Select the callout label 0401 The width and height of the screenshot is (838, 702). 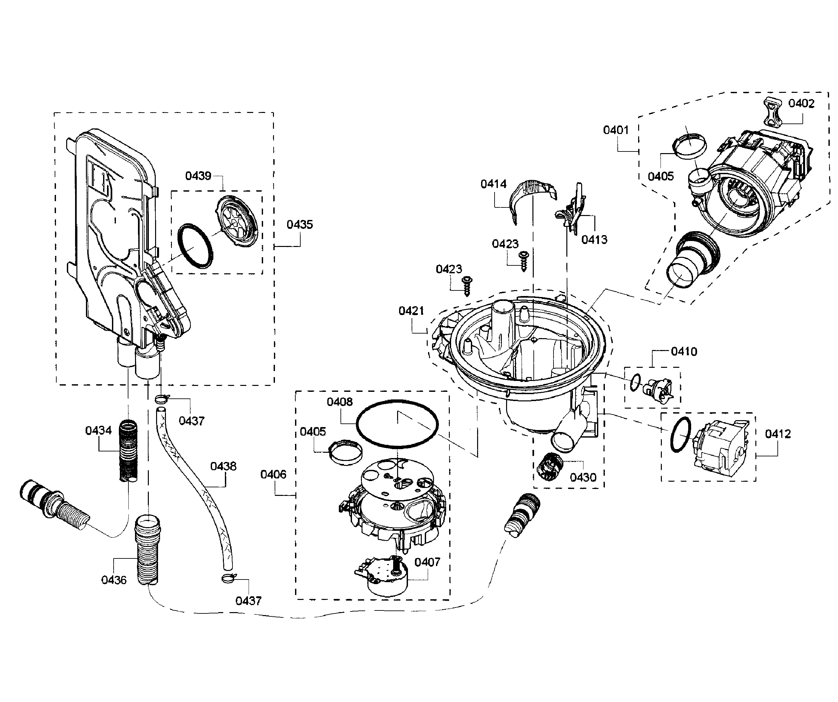pos(616,130)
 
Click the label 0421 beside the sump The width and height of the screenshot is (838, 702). pos(411,310)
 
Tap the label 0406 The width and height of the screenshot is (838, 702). pos(273,474)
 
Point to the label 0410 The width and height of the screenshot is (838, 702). pos(684,352)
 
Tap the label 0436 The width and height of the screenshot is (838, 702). pos(114,580)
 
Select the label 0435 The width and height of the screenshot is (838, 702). pos(299,225)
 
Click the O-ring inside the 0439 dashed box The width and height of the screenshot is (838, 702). pos(195,246)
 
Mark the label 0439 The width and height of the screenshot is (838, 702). pos(198,176)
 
